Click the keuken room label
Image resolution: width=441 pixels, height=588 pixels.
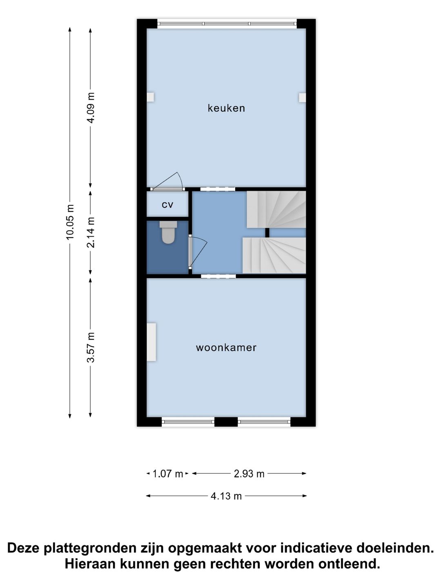pyautogui.click(x=226, y=108)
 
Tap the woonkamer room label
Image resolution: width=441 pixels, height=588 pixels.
pyautogui.click(x=226, y=347)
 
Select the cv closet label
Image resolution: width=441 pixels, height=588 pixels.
pyautogui.click(x=167, y=205)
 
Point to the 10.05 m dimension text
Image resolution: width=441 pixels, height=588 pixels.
pyautogui.click(x=70, y=222)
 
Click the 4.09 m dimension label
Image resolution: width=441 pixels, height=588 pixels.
pyautogui.click(x=91, y=107)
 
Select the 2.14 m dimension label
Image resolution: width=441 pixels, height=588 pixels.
pyautogui.click(x=91, y=232)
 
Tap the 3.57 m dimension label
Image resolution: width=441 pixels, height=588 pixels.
pyautogui.click(x=91, y=347)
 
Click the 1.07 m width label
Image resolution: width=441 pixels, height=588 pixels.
pyautogui.click(x=167, y=474)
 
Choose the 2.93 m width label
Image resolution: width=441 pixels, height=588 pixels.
pyautogui.click(x=249, y=474)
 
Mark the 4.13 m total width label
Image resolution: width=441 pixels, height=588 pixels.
pyautogui.click(x=226, y=496)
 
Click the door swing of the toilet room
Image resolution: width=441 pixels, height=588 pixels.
pyautogui.click(x=198, y=251)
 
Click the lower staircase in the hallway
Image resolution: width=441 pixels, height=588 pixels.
pyautogui.click(x=274, y=255)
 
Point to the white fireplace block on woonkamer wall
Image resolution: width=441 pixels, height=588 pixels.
pyautogui.click(x=151, y=342)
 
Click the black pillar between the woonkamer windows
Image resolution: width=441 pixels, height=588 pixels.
pyautogui.click(x=226, y=422)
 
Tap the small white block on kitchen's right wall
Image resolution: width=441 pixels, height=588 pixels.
pyautogui.click(x=302, y=98)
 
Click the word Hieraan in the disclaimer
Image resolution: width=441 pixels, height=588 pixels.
pyautogui.click(x=90, y=564)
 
